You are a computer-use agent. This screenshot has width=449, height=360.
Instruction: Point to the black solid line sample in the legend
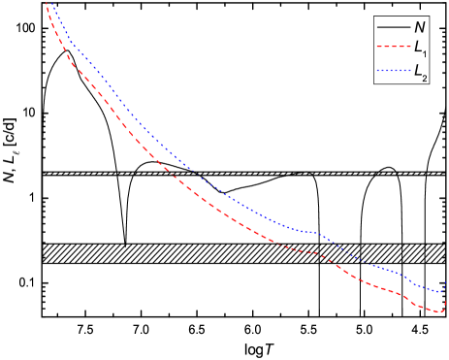click(393, 27)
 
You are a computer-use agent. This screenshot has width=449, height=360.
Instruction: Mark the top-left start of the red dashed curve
click(47, 3)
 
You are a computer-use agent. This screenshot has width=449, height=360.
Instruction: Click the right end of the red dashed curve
click(446, 303)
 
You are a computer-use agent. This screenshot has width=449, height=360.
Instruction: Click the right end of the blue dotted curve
click(446, 283)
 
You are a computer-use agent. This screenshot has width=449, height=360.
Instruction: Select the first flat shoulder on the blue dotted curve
click(309, 232)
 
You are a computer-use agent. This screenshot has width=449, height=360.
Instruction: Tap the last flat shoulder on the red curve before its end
click(393, 288)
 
